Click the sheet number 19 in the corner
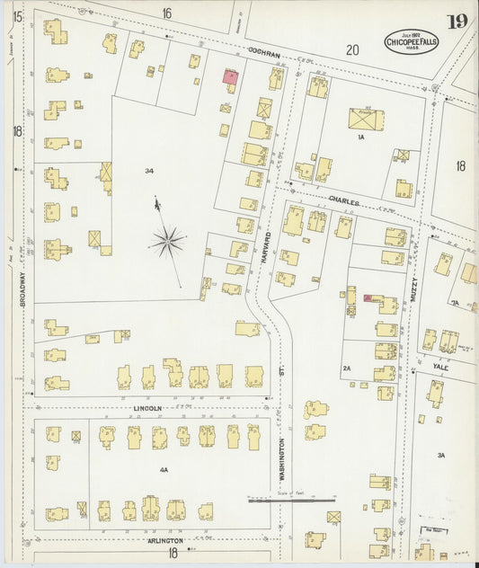tap(457, 22)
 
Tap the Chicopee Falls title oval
tap(412, 41)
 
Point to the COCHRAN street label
tap(265, 55)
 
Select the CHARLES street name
tap(343, 203)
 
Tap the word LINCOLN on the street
tap(148, 408)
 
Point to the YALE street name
tap(440, 366)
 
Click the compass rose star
tap(168, 240)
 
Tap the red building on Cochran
tap(230, 77)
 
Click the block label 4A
tap(164, 469)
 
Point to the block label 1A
tap(359, 138)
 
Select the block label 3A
tap(441, 456)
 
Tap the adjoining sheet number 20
tap(351, 51)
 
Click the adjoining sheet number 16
tap(166, 13)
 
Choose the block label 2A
tap(346, 368)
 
